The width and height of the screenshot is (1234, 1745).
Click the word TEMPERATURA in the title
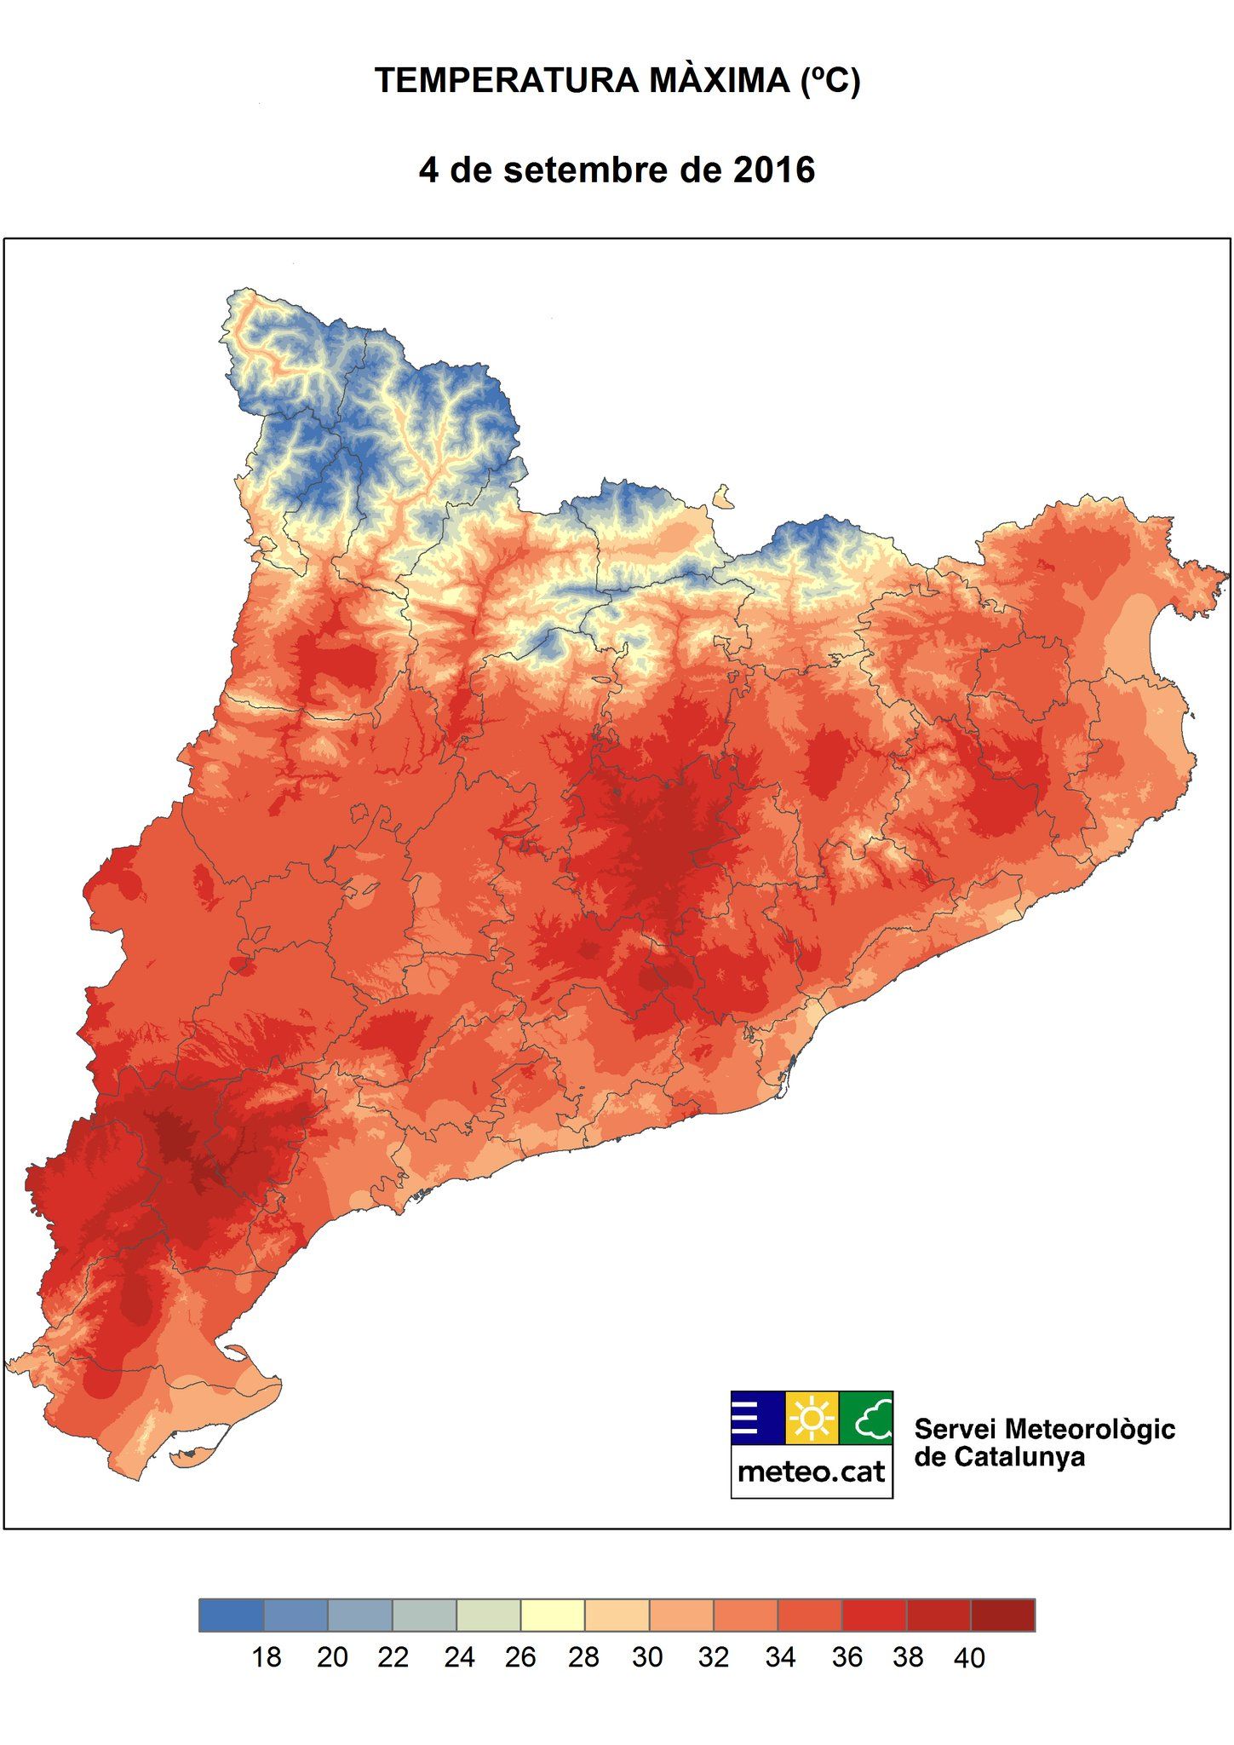508,81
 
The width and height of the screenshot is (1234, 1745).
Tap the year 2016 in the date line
773,170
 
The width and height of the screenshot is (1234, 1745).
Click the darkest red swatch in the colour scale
1002,1615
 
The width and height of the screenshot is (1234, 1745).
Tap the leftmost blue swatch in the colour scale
232,1615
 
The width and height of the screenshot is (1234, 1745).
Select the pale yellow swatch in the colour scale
553,1615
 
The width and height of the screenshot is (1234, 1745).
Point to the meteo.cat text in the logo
812,1471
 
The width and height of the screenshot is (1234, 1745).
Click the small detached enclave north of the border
723,496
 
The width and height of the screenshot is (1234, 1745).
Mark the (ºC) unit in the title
830,81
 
